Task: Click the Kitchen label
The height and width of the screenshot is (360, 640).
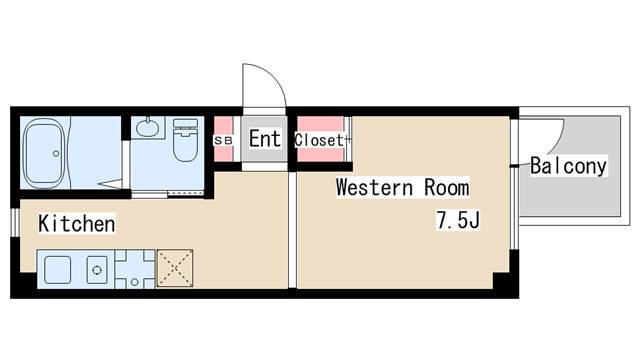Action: [x=77, y=224]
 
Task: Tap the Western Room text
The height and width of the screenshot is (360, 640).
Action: [x=402, y=188]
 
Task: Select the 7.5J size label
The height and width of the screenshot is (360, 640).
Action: [x=458, y=220]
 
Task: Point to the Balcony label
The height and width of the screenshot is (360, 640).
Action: [x=569, y=166]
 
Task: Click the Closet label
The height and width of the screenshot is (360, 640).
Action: [x=319, y=140]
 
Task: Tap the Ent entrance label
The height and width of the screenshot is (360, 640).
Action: [x=265, y=138]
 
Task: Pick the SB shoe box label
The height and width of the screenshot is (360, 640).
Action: [x=223, y=140]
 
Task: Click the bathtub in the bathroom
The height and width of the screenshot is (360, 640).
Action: [x=44, y=153]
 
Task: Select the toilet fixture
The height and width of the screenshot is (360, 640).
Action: [x=185, y=140]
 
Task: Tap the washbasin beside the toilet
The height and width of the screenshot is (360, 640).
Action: [x=147, y=127]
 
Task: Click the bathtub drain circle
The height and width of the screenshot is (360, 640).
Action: [x=56, y=153]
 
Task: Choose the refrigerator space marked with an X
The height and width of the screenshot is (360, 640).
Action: [x=175, y=268]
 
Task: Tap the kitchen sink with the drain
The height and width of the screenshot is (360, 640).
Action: [x=97, y=270]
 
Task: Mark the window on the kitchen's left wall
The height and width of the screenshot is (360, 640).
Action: [x=15, y=222]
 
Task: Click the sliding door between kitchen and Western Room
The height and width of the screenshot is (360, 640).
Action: [x=292, y=230]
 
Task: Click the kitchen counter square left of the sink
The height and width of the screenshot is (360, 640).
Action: [x=57, y=270]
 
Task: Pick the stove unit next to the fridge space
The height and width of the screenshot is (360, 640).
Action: [x=135, y=269]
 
